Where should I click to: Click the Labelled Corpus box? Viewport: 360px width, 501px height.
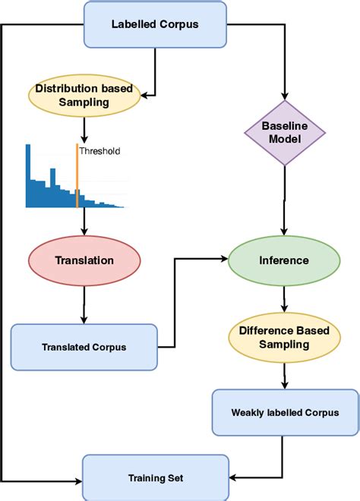154,23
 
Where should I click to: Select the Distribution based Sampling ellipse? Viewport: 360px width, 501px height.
83,95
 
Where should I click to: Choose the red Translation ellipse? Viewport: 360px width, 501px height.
84,260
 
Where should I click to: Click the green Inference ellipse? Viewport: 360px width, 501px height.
284,260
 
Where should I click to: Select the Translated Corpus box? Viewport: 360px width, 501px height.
84,347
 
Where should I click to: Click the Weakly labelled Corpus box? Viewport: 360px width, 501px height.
285,413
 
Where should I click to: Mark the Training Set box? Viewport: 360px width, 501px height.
155,478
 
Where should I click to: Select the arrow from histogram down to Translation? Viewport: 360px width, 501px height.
84,223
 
